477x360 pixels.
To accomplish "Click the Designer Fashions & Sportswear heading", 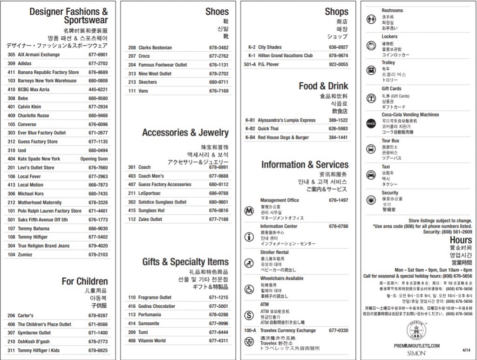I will click(x=68, y=15).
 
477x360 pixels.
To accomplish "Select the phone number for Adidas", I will click(x=98, y=63).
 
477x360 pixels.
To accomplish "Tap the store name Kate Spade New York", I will click(x=39, y=159).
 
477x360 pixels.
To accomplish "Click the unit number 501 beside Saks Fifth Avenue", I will click(x=11, y=220).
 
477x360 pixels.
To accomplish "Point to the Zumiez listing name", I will click(x=25, y=255).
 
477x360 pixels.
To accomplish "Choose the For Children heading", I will click(x=84, y=281).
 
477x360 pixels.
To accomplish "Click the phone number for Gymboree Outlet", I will click(x=98, y=333).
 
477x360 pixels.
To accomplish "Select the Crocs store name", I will click(x=144, y=56).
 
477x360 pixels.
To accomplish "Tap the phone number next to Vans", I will click(x=218, y=91).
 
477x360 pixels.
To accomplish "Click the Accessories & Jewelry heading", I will click(x=185, y=133).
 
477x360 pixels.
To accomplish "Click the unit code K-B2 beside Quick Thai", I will click(x=250, y=129).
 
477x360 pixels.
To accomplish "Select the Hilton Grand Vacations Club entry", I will click(x=286, y=55).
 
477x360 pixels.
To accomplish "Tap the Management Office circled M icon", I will click(x=249, y=211).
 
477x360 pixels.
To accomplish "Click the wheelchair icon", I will click(x=249, y=289).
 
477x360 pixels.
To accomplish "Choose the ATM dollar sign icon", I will click(x=249, y=315).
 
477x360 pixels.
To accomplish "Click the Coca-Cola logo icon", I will click(x=371, y=123).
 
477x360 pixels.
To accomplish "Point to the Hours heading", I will click(x=460, y=240).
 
